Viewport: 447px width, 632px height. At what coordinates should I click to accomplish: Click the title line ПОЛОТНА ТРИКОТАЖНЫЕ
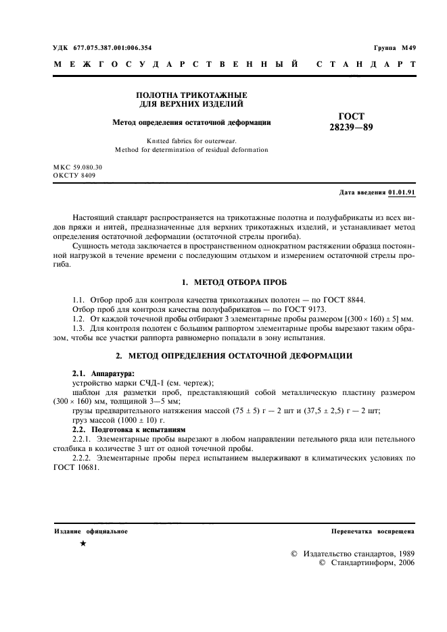(191, 95)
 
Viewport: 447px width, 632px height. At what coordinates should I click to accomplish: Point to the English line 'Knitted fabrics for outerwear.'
(191, 140)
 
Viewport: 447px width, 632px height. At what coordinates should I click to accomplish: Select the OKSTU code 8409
(84, 175)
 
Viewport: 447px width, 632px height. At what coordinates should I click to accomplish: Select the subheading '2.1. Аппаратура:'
(103, 373)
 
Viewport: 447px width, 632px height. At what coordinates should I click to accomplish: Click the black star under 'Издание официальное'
(83, 543)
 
